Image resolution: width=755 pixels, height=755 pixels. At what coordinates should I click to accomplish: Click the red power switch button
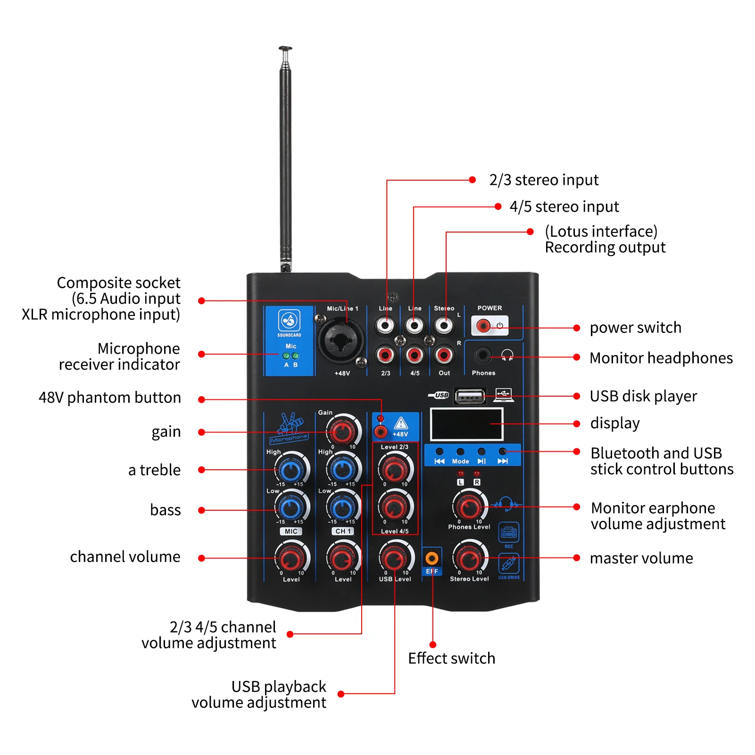point(483,325)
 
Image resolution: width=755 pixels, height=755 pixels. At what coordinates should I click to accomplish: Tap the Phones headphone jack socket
point(482,355)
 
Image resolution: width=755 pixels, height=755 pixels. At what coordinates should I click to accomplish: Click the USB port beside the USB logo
point(470,397)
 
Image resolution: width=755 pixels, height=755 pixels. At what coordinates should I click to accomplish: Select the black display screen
point(466,424)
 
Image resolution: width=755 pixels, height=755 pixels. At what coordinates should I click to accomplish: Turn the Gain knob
point(342,430)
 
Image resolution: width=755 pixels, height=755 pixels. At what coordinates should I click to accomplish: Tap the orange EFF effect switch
point(431,558)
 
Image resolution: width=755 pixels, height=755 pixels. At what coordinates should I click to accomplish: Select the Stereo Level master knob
point(469,558)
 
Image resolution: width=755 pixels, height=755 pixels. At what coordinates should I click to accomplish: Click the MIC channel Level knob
point(291,558)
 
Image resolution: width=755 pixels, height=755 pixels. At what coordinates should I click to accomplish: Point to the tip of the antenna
point(285,49)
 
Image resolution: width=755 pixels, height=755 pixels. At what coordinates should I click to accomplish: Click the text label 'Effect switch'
point(451,658)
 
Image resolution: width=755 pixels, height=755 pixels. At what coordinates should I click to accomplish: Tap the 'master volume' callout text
point(641,558)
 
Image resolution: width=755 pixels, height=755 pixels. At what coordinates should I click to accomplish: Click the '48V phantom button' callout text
point(109,398)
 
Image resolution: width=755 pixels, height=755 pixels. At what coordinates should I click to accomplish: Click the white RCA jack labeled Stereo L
point(444,325)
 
